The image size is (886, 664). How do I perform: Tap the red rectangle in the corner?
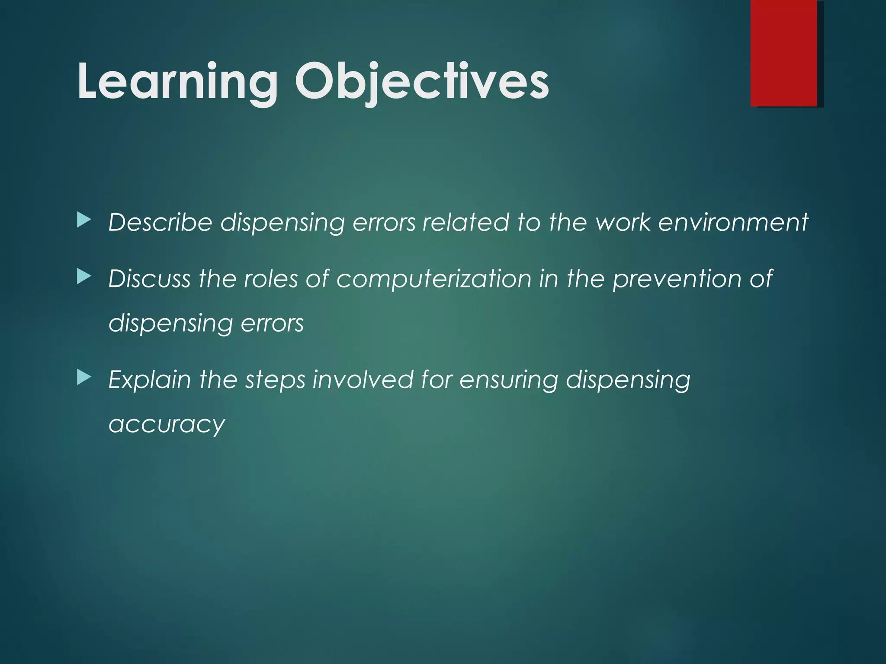click(783, 53)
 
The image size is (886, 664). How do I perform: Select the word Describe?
click(160, 222)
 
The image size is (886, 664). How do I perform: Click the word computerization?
click(434, 279)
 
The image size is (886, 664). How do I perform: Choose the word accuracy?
click(167, 425)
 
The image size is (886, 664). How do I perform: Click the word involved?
click(363, 380)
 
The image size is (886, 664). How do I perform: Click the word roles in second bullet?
click(271, 279)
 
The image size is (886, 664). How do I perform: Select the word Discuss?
click(149, 279)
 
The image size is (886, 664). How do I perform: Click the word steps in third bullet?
click(275, 380)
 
